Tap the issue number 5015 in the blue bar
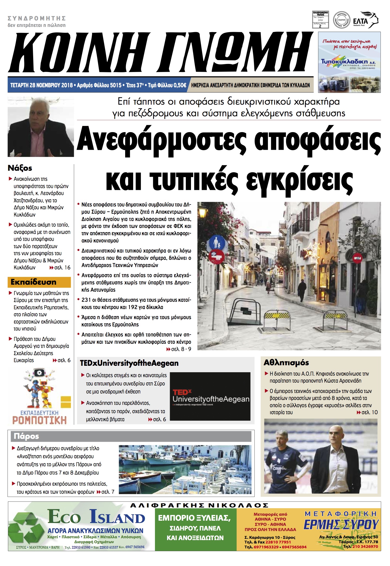[x=116, y=85]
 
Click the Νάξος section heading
[x=20, y=168]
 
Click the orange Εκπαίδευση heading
[x=33, y=282]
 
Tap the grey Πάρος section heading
[x=26, y=436]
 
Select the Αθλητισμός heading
[x=286, y=363]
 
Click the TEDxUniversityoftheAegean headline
[x=129, y=363]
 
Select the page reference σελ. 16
[x=62, y=268]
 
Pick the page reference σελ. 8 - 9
[x=181, y=349]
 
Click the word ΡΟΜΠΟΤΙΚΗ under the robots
[x=39, y=420]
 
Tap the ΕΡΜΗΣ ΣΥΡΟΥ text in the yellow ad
[x=341, y=525]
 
